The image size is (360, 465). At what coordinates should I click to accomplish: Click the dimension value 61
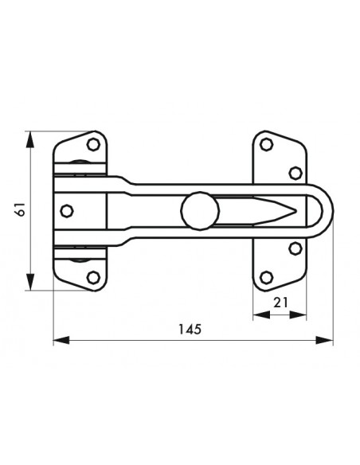22,209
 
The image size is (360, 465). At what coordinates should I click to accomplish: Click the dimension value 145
190,329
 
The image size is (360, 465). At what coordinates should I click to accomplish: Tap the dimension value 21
280,303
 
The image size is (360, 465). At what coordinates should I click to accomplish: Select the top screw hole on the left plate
93,144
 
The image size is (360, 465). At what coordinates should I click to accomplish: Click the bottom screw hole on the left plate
93,277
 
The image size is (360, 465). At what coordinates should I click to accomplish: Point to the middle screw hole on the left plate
67,211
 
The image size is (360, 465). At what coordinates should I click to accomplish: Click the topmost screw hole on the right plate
266,144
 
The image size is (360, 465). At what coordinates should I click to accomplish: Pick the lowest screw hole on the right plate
266,277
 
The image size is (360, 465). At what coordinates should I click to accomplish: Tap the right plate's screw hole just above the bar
295,173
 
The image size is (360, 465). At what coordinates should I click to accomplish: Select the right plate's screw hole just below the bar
295,248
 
